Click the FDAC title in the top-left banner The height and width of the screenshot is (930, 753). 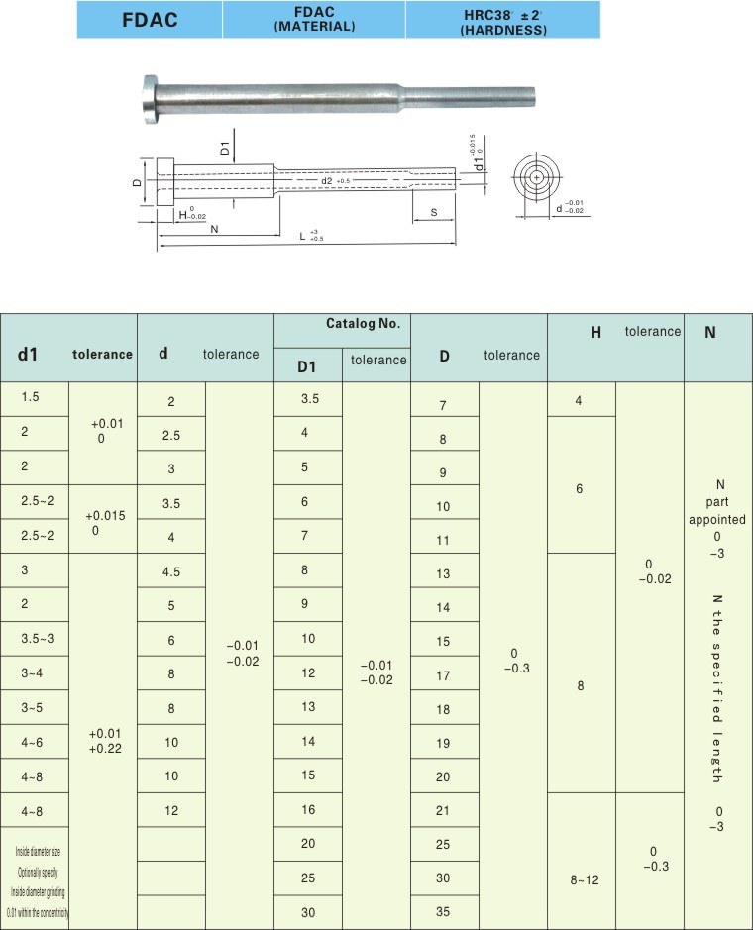(150, 20)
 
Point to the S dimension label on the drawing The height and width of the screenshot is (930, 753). (434, 213)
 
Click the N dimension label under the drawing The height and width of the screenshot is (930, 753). (214, 229)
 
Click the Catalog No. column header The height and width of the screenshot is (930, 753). (363, 324)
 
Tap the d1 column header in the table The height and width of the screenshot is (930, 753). (27, 354)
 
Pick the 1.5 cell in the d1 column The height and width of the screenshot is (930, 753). (30, 396)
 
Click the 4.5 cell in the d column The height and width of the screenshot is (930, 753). (171, 570)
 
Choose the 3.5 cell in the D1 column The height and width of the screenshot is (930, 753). (308, 399)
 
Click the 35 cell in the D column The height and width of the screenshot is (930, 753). (444, 912)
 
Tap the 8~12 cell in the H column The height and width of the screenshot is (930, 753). (581, 878)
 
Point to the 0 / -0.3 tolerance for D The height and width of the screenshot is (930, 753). (513, 661)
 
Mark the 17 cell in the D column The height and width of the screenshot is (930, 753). (444, 676)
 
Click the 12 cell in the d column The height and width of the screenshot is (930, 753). (171, 810)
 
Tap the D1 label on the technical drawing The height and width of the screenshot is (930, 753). (225, 149)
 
